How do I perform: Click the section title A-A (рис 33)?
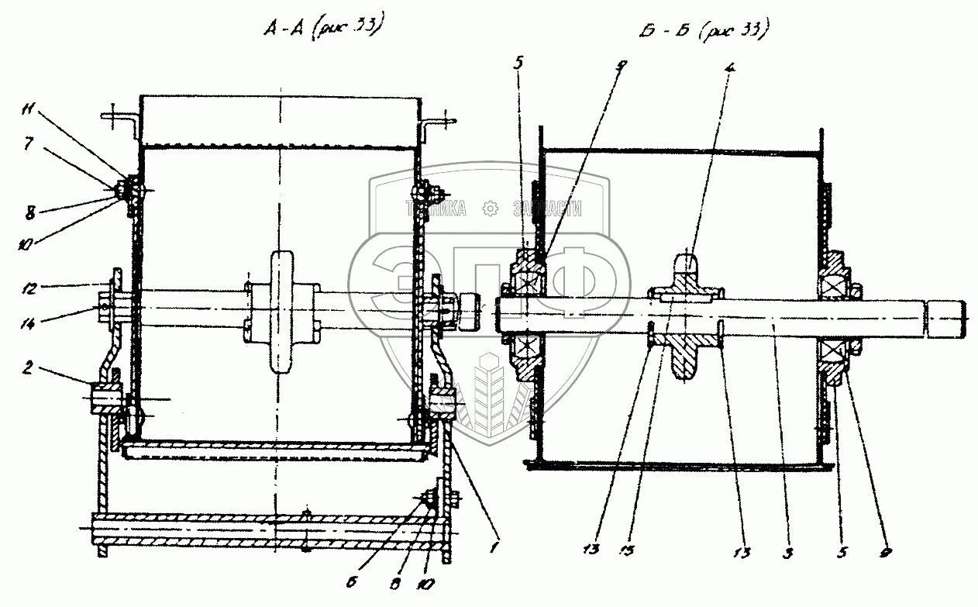(x=322, y=29)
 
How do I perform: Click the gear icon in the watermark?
(x=489, y=208)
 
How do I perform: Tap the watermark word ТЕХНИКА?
(x=436, y=208)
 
